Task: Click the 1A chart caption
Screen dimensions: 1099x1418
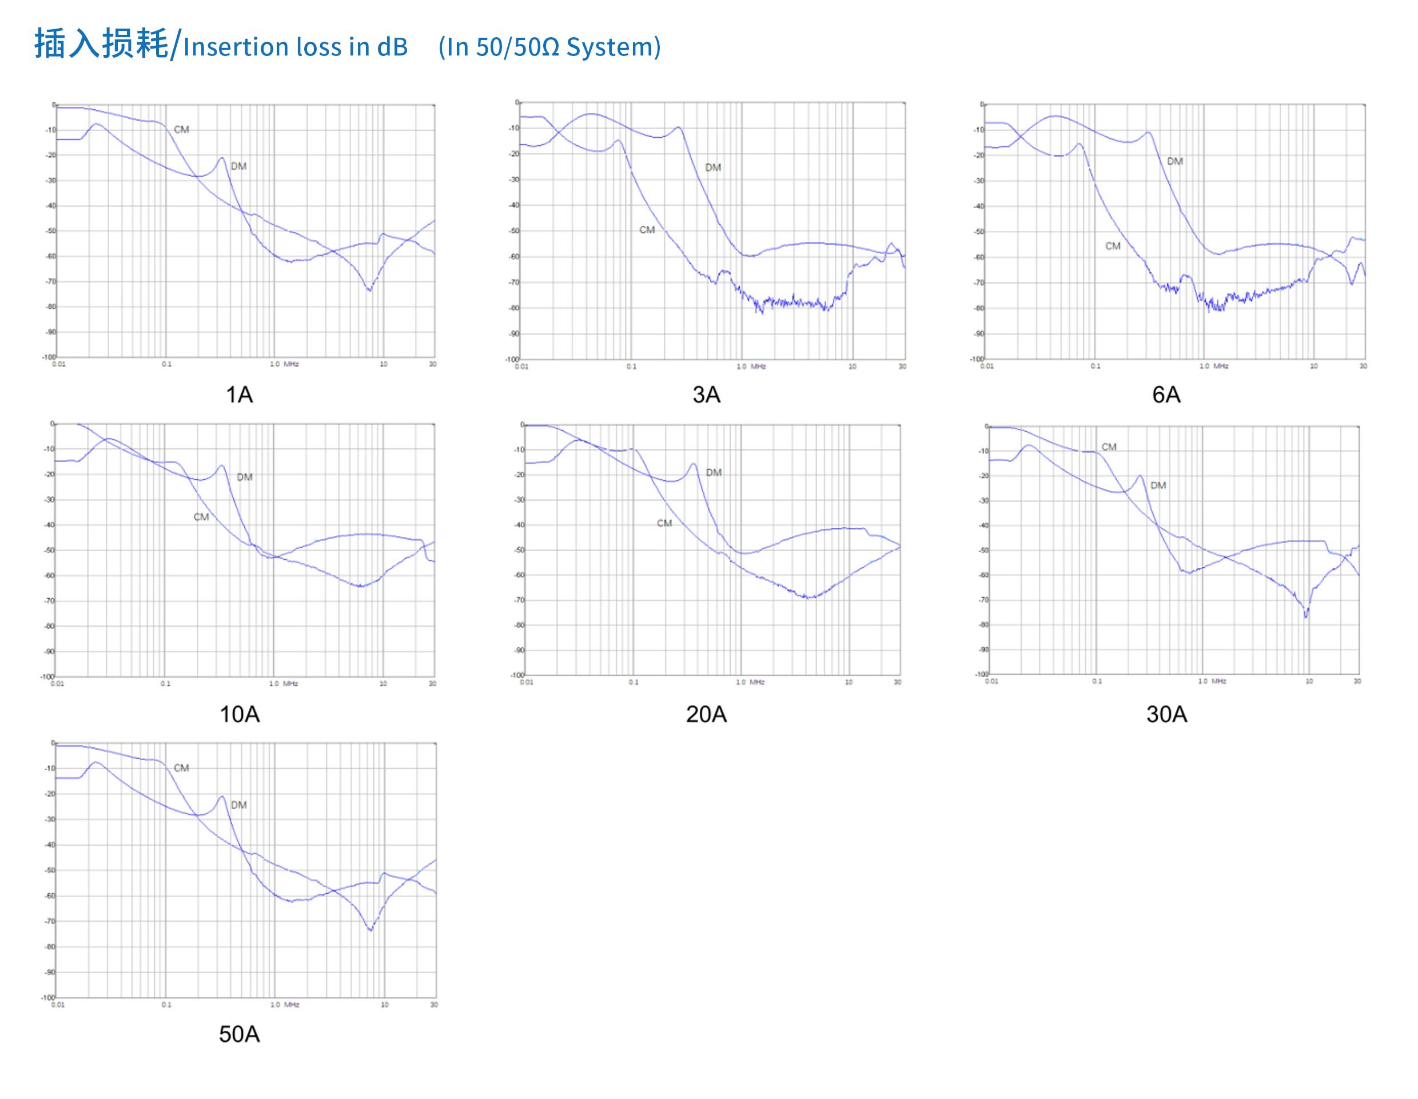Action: pos(239,395)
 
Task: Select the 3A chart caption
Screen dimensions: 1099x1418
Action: pos(706,395)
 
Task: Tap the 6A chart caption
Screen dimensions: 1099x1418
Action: pos(1166,395)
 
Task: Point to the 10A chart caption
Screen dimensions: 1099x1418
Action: pos(239,714)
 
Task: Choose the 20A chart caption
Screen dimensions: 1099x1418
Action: pos(706,714)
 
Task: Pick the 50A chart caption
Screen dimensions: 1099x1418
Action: pos(239,1034)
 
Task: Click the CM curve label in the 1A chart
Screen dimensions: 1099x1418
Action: pos(181,130)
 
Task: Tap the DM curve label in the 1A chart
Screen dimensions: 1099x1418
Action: pos(238,166)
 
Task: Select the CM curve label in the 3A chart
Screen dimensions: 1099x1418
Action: pos(647,230)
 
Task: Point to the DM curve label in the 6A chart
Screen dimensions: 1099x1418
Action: pos(1174,161)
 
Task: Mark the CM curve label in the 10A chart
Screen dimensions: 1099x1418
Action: pos(201,517)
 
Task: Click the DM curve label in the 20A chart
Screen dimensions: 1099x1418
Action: pos(714,472)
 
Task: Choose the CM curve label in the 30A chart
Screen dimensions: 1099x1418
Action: pos(1109,447)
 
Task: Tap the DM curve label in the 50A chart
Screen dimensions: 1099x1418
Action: pos(238,805)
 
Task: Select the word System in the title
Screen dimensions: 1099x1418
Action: pos(609,47)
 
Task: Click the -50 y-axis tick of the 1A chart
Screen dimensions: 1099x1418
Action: pos(50,231)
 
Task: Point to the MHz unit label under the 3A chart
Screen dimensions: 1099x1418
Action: pos(758,367)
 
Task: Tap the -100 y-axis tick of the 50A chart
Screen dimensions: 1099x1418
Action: pos(48,998)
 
